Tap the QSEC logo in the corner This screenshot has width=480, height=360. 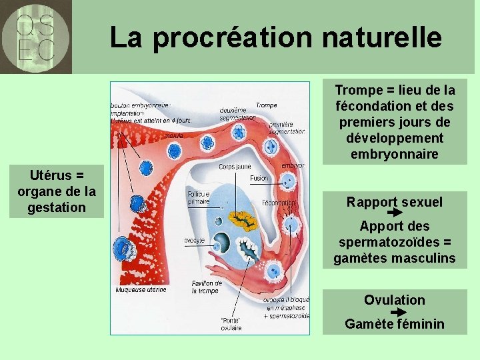36,37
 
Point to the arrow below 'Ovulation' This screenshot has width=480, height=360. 397,311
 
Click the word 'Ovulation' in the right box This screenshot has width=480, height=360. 394,300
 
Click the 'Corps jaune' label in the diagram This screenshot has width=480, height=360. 235,167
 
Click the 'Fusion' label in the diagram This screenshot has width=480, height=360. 259,179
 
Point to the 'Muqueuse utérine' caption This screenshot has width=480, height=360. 141,290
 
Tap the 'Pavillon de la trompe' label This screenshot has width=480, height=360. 207,287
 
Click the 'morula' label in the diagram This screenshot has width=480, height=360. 175,135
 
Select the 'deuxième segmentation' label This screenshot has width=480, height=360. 233,114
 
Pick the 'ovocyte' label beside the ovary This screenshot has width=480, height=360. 195,240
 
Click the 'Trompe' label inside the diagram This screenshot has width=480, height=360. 266,105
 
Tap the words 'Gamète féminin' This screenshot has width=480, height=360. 394,324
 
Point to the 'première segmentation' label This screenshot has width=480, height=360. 286,128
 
